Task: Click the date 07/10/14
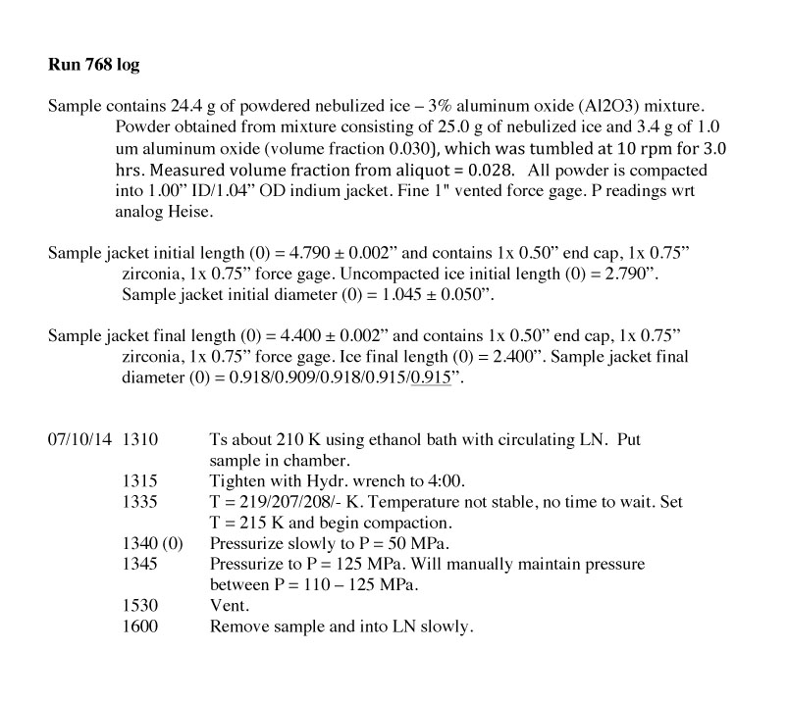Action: click(79, 440)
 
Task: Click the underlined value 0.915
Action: click(430, 379)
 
